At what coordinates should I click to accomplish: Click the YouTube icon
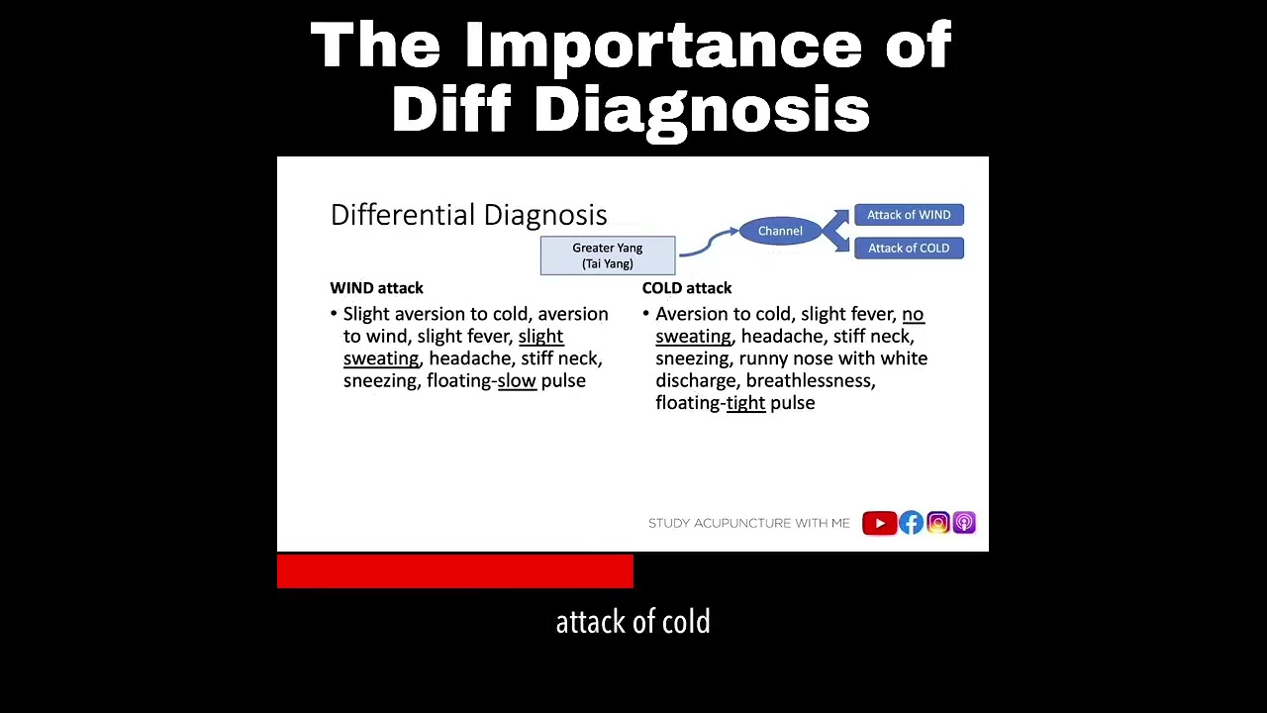click(879, 523)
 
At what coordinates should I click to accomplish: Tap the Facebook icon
click(911, 523)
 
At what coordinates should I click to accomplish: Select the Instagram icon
click(937, 523)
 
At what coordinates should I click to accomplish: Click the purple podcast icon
click(964, 523)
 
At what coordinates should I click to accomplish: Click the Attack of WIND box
click(909, 215)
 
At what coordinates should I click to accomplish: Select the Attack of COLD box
click(909, 249)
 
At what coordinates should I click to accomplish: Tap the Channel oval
click(780, 231)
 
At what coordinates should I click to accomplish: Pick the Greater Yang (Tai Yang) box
click(608, 255)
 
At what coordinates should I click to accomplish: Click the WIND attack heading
click(376, 288)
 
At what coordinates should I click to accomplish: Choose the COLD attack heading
click(687, 288)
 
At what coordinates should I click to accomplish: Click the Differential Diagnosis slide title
click(468, 215)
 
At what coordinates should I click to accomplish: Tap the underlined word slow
click(517, 381)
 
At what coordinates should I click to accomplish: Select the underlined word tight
click(745, 403)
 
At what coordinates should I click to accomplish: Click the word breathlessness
click(810, 381)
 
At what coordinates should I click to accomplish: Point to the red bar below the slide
click(455, 571)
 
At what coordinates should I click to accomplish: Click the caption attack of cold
click(633, 622)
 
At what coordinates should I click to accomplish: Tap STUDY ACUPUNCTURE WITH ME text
click(748, 523)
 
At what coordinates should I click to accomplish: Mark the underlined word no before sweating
click(913, 315)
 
